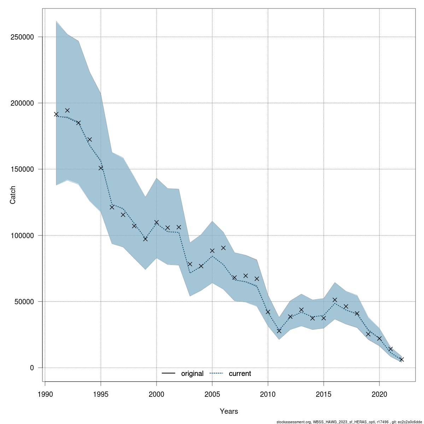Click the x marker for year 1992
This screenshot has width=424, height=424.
coord(67,110)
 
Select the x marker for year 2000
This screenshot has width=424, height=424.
coord(157,222)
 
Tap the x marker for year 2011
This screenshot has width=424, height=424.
coord(279,331)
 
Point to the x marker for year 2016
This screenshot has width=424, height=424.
coord(335,300)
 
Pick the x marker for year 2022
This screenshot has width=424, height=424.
coord(401,359)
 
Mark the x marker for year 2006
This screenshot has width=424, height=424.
coord(223,248)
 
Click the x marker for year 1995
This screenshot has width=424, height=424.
coord(101,168)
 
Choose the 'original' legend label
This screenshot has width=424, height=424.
coord(192,373)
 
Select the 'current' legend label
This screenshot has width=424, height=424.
coord(240,373)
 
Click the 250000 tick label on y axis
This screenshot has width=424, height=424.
coord(22,37)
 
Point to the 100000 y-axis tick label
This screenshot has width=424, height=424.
coord(22,235)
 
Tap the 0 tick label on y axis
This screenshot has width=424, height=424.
coord(32,368)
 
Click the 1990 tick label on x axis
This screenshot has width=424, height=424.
coord(45,394)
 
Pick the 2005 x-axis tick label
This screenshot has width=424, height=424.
coord(212,394)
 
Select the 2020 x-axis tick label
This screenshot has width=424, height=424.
coord(379,394)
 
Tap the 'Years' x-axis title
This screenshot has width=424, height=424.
coord(229,411)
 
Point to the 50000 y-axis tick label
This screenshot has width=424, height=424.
coord(24,301)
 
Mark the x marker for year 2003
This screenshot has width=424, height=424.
coord(190,264)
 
